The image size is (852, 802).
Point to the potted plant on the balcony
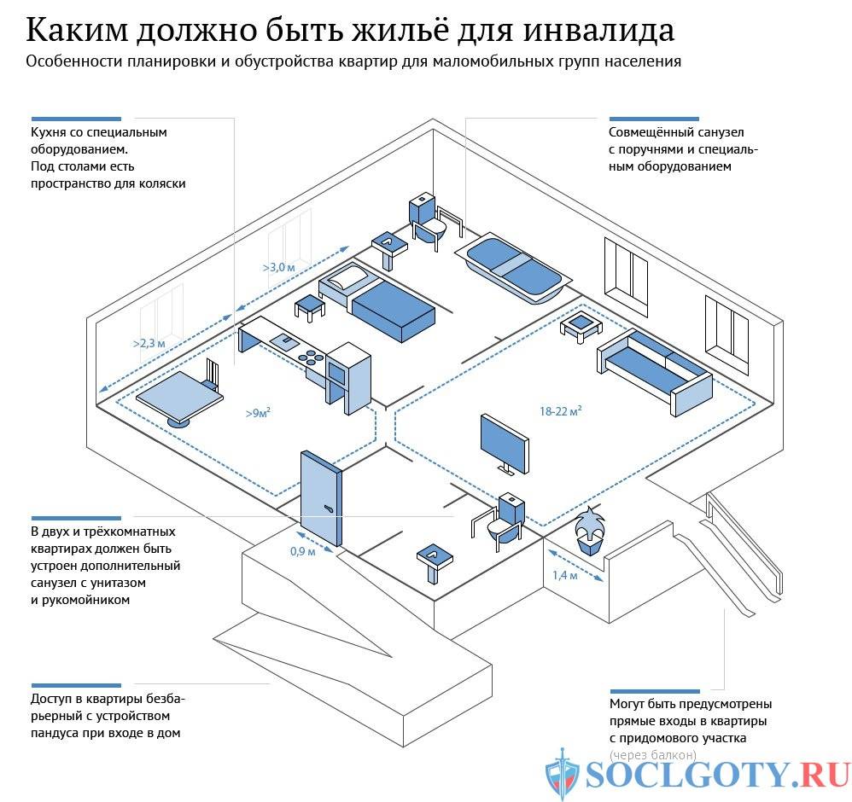[590, 532]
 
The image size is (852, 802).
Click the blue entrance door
[322, 498]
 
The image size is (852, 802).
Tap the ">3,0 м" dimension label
[278, 267]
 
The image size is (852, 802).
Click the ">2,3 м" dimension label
[149, 343]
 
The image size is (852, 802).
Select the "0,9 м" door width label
[302, 551]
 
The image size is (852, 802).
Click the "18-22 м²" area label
[561, 411]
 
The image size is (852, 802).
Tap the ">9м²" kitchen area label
[258, 413]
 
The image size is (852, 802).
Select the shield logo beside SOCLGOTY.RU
[563, 774]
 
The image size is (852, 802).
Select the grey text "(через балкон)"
[653, 754]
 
